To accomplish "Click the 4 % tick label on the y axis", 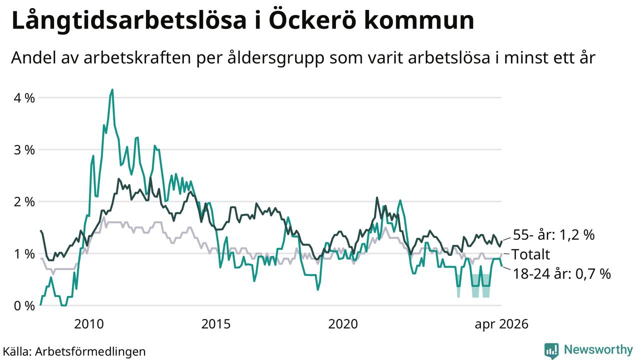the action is [x=24, y=98].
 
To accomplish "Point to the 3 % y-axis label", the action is [x=24, y=150].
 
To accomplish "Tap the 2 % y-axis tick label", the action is [x=24, y=202].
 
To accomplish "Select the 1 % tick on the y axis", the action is [x=24, y=254].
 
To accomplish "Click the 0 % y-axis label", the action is [x=24, y=306].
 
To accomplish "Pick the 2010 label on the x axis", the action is [x=89, y=324].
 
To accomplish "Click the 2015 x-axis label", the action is [x=215, y=324].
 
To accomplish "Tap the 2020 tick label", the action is [x=343, y=324].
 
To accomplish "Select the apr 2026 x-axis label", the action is [x=501, y=324].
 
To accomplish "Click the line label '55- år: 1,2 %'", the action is [x=553, y=235].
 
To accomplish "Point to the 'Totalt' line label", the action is [x=530, y=254].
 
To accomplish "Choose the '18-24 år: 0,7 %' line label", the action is [x=562, y=273].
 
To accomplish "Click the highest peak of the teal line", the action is [x=112, y=89].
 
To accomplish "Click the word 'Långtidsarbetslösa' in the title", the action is [x=129, y=20].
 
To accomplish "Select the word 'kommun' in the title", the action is [x=419, y=20].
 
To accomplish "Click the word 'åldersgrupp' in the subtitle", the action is [x=276, y=58].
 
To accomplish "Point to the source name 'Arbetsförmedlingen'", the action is [x=90, y=351].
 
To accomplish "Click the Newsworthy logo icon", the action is [x=551, y=350].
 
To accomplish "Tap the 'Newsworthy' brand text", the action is [x=598, y=349].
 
